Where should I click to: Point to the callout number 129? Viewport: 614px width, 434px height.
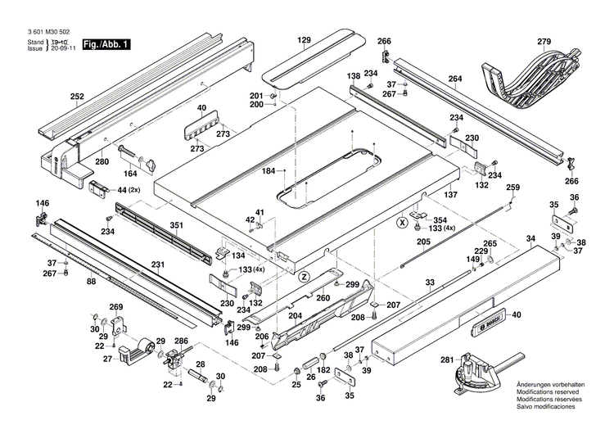305,40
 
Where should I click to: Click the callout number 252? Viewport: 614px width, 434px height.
77,97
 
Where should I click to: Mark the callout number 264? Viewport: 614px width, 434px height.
455,79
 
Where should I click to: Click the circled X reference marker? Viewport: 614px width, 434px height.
402,222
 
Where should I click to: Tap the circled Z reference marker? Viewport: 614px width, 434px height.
303,276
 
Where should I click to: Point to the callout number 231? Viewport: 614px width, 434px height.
157,264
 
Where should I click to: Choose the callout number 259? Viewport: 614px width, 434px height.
513,188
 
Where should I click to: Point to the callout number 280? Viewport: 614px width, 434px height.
102,161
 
